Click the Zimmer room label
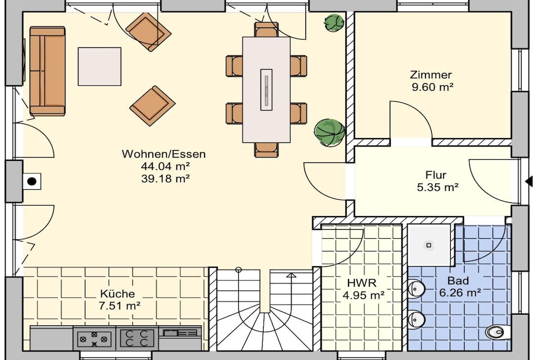430,75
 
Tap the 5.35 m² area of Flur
437,188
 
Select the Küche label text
118,294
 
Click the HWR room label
362,283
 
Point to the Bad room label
458,281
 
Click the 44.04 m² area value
165,166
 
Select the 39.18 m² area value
165,179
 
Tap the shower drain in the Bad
429,246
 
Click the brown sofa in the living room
47,71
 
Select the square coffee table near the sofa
100,66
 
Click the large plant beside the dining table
329,132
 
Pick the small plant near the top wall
334,23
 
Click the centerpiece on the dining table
266,90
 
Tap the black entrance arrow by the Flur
528,181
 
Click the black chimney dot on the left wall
32,181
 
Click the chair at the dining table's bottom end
266,149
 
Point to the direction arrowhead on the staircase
291,275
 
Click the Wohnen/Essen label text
163,154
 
